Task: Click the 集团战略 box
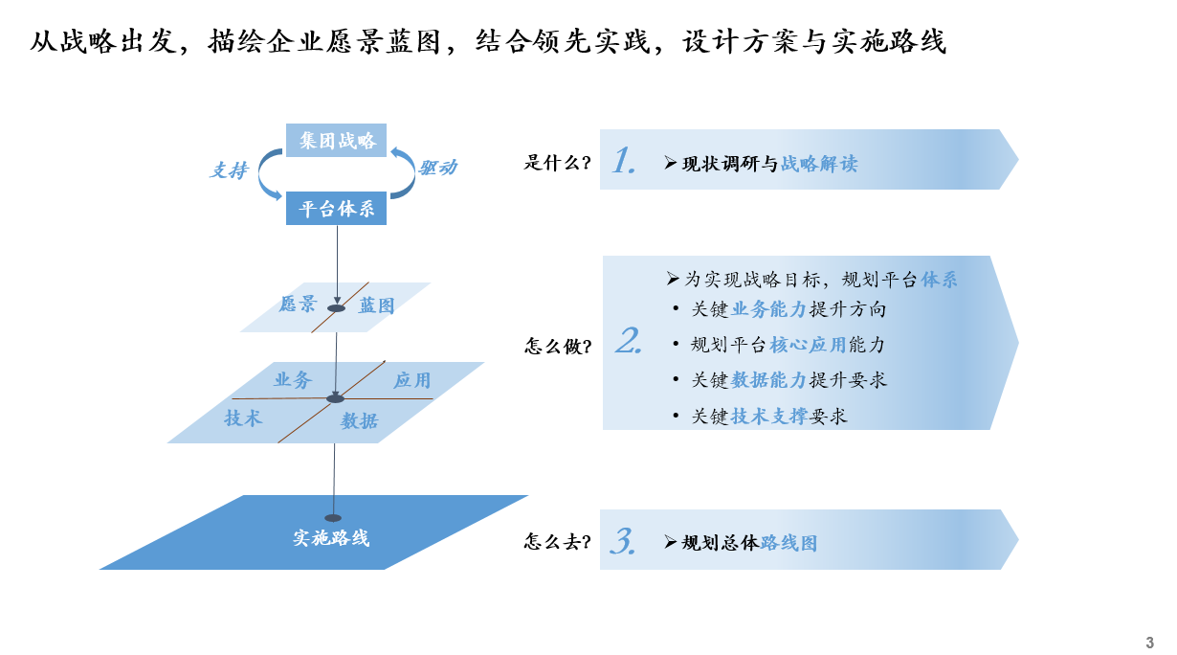pos(336,141)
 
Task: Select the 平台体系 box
pos(336,209)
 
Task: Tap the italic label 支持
pos(229,170)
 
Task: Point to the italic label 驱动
pos(437,168)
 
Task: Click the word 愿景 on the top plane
pos(298,304)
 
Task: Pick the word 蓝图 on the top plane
pos(376,305)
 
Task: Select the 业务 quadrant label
pos(293,379)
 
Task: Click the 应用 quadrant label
pos(412,380)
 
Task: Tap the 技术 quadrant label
pos(243,418)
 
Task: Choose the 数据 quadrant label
pos(360,420)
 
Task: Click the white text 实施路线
pos(331,538)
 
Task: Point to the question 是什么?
pos(558,163)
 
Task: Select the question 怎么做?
pos(558,346)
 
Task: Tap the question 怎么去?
pos(558,541)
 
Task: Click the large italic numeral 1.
pos(624,160)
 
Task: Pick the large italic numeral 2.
pos(629,340)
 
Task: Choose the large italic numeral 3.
pos(623,541)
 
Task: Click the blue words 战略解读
pos(819,164)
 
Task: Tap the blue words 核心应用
pos(809,345)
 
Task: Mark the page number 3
pos(1149,643)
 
